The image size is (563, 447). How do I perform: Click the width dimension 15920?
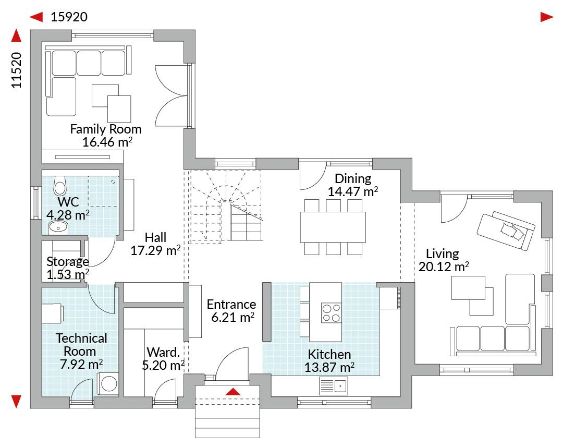69,17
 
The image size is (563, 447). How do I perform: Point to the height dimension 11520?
17,70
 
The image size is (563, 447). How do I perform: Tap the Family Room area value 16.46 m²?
107,142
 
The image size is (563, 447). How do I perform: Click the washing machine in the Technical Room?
108,384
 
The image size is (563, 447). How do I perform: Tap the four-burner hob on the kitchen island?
331,313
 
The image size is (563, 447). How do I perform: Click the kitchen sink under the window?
333,386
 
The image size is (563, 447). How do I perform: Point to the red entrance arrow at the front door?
232,391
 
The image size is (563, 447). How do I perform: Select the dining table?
333,227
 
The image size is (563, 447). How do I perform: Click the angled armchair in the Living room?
506,231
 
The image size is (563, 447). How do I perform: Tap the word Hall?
155,237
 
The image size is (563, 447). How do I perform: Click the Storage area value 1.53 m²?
68,274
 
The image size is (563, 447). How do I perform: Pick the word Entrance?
231,305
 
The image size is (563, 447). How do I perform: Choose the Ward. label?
163,352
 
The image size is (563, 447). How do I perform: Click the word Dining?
353,178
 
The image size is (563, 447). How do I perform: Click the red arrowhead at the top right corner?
547,17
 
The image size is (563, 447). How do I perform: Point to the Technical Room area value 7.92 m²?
81,365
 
